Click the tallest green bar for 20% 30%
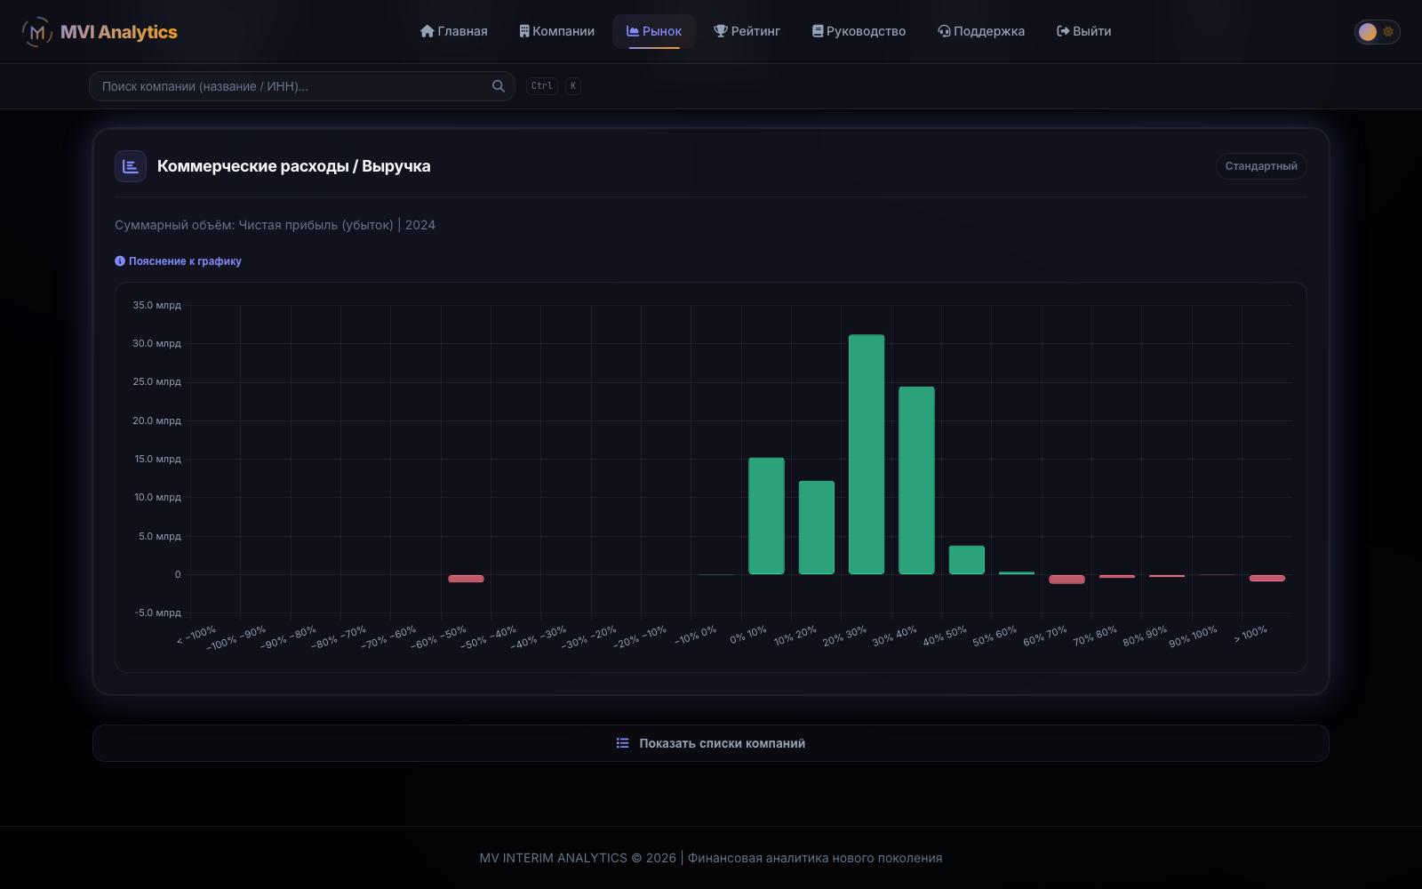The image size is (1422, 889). tap(867, 454)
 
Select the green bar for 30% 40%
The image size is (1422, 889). tap(916, 481)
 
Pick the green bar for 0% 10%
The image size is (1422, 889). tap(766, 517)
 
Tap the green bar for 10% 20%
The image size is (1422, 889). tap(817, 528)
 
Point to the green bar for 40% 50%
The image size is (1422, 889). tap(967, 560)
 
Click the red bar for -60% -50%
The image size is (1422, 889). tap(466, 579)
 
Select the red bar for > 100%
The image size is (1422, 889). tap(1267, 578)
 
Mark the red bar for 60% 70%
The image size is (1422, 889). tap(1066, 579)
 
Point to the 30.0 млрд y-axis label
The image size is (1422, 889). tap(156, 343)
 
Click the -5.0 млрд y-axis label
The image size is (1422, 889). tap(157, 613)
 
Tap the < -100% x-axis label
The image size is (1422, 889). tap(196, 635)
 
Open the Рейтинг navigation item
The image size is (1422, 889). tap(747, 31)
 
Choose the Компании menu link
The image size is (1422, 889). tap(556, 31)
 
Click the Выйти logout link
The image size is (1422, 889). tap(1083, 31)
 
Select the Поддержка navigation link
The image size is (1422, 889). tap(981, 31)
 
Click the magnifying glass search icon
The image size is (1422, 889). tap(499, 86)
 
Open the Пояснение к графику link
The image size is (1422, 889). tap(178, 261)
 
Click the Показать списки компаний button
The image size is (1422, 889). tap(711, 743)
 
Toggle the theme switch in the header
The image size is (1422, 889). tap(1377, 32)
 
